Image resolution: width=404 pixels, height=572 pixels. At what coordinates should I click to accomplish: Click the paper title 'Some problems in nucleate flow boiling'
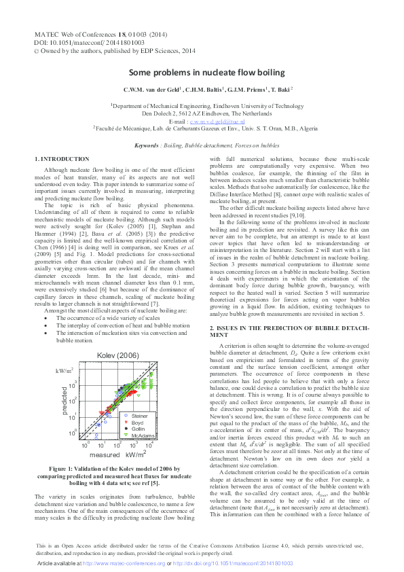tap(202, 71)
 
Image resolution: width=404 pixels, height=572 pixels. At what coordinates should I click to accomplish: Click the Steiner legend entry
tap(139, 415)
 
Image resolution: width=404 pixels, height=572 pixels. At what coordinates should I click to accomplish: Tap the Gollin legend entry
tap(138, 429)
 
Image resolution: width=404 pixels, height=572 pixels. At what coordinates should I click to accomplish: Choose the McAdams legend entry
tap(141, 435)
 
